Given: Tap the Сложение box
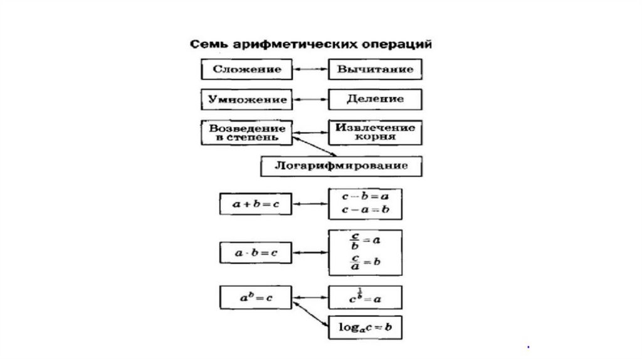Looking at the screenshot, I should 246,69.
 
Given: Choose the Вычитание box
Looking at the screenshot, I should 375,69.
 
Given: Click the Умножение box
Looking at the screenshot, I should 246,100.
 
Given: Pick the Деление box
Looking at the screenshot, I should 375,100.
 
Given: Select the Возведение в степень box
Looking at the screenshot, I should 246,132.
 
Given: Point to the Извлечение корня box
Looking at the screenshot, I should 375,132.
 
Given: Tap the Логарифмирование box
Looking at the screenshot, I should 341,166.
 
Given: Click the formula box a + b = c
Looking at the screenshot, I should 257,204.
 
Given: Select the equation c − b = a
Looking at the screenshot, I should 366,196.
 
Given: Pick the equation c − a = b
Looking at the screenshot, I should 366,210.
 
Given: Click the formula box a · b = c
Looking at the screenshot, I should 257,253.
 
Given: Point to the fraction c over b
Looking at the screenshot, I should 355,240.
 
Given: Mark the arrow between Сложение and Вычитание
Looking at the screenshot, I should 311,69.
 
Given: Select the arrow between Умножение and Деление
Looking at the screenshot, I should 311,100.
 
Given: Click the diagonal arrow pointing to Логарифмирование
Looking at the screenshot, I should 313,146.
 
